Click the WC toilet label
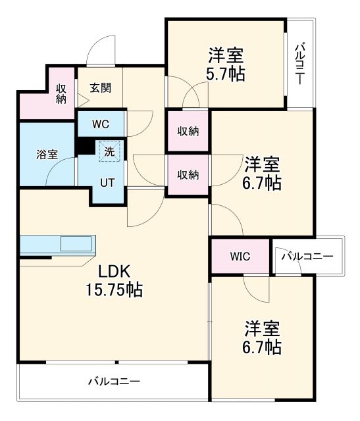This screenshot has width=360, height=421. (x=100, y=124)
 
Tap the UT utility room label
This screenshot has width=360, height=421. (x=107, y=182)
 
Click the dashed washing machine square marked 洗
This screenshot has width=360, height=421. (x=108, y=151)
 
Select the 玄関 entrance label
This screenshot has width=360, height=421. (x=99, y=86)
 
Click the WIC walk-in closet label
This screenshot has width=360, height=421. (x=239, y=256)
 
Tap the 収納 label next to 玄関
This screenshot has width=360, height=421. (x=61, y=94)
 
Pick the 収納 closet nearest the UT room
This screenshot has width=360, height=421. (x=188, y=175)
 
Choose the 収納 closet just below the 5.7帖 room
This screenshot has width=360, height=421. (x=188, y=131)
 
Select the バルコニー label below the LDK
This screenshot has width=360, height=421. (x=114, y=382)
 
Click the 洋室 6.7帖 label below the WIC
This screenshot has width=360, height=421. (x=263, y=337)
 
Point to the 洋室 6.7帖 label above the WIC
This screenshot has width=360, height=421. (x=263, y=173)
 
